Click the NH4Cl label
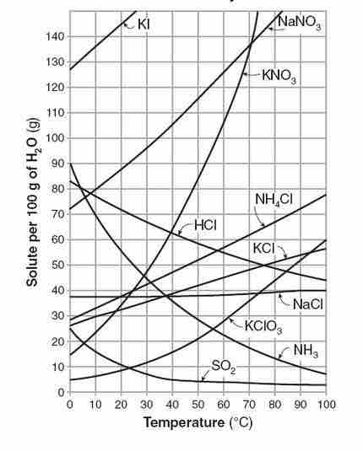tap(274, 200)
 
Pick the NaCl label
tap(309, 303)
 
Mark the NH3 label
tap(306, 348)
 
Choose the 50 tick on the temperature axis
tap(198, 404)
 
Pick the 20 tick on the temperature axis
tap(121, 404)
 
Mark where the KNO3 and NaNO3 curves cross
tap(251, 43)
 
